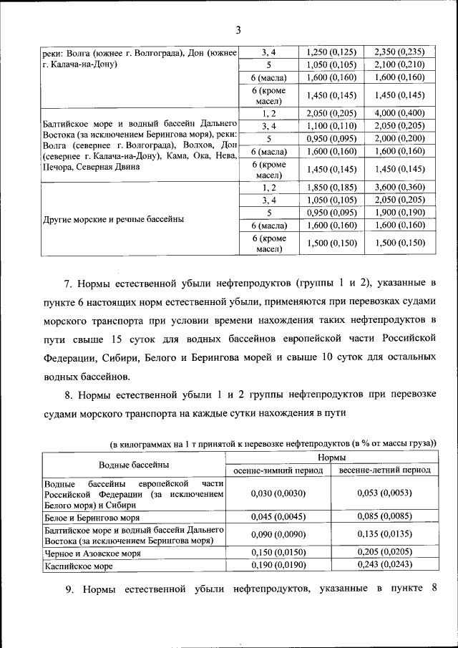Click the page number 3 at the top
[237, 29]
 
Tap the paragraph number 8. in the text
[69, 395]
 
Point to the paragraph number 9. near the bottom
[69, 589]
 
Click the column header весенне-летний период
[384, 470]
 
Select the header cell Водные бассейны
[134, 464]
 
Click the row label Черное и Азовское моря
[92, 553]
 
